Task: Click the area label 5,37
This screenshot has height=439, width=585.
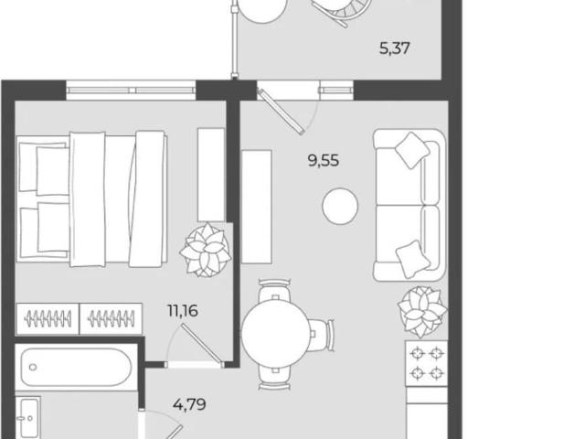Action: [394, 48]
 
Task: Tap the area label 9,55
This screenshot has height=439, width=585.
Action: [324, 161]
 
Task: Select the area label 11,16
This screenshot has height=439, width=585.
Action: [183, 311]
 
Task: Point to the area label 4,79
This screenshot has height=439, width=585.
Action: [189, 404]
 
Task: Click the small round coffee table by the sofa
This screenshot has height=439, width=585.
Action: [340, 207]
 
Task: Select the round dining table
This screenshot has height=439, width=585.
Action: [276, 334]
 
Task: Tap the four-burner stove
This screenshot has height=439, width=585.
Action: [427, 363]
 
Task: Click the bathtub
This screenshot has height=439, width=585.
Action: [76, 367]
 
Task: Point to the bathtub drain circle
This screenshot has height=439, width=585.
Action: [33, 368]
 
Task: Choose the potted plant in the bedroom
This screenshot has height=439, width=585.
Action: [206, 250]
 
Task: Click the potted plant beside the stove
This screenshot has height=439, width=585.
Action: [422, 312]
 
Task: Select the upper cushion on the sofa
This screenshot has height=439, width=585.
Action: [412, 150]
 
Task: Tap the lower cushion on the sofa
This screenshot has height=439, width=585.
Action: [412, 259]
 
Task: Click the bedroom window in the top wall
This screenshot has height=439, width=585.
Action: [131, 91]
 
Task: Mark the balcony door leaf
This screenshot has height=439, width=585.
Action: [282, 112]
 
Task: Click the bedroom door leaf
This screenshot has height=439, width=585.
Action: [202, 344]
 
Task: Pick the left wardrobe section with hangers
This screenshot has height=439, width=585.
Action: [48, 319]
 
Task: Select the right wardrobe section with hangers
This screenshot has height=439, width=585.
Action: [112, 319]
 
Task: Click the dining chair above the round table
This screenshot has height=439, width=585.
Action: [275, 291]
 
